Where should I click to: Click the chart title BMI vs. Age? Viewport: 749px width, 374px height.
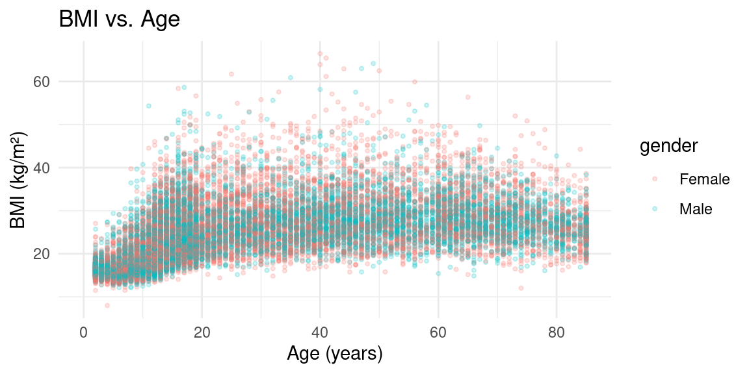tap(119, 19)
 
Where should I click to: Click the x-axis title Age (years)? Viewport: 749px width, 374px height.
tap(334, 354)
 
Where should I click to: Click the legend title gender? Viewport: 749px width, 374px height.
tap(669, 147)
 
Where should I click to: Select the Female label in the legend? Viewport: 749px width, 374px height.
tap(704, 179)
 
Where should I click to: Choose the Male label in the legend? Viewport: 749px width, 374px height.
tap(696, 209)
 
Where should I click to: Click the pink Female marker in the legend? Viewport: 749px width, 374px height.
tap(655, 179)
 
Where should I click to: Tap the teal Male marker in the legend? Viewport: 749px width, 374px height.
tap(655, 209)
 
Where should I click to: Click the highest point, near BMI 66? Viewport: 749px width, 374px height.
tap(320, 54)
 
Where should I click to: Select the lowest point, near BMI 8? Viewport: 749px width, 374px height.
tap(107, 305)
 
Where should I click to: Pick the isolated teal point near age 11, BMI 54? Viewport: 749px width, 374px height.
tap(148, 106)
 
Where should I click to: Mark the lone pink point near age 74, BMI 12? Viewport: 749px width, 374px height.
tap(521, 288)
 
